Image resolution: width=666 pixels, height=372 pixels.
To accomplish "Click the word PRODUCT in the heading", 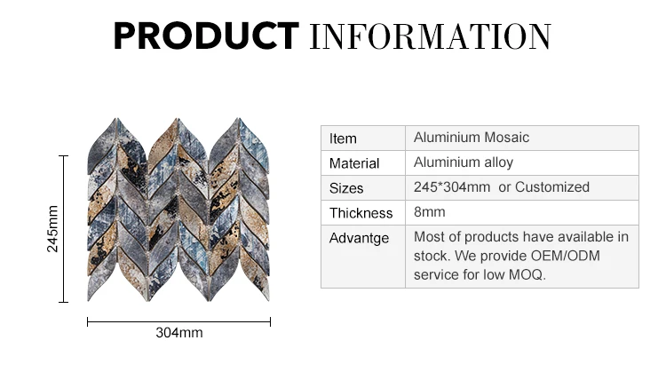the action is click(206, 36).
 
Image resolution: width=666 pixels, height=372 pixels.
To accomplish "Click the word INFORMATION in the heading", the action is click(431, 36).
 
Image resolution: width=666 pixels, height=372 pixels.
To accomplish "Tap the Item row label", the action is click(343, 139).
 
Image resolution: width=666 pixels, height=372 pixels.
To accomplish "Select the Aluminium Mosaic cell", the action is click(472, 137).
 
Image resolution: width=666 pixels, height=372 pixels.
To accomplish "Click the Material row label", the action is click(354, 163).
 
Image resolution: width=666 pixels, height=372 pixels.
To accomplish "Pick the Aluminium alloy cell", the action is click(464, 162).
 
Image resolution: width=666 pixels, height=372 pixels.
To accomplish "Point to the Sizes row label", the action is click(346, 188).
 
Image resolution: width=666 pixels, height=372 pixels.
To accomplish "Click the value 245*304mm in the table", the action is click(452, 186).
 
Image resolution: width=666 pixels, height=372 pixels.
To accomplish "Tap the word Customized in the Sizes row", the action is click(552, 186).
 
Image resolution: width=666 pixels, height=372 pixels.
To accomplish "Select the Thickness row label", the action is click(361, 213).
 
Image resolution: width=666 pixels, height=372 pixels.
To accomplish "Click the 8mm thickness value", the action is click(430, 211).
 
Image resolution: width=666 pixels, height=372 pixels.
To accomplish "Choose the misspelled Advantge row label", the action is click(359, 238).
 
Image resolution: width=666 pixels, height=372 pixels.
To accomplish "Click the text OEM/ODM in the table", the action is click(566, 256).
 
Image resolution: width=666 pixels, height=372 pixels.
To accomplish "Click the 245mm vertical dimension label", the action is click(52, 229).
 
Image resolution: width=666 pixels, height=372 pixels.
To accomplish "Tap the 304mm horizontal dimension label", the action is click(179, 333).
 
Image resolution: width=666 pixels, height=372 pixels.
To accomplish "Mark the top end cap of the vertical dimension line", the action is click(63, 156).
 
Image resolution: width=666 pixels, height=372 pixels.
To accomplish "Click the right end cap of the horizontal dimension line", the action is click(270, 322).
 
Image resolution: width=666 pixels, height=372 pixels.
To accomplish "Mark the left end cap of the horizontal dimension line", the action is click(88, 322).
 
